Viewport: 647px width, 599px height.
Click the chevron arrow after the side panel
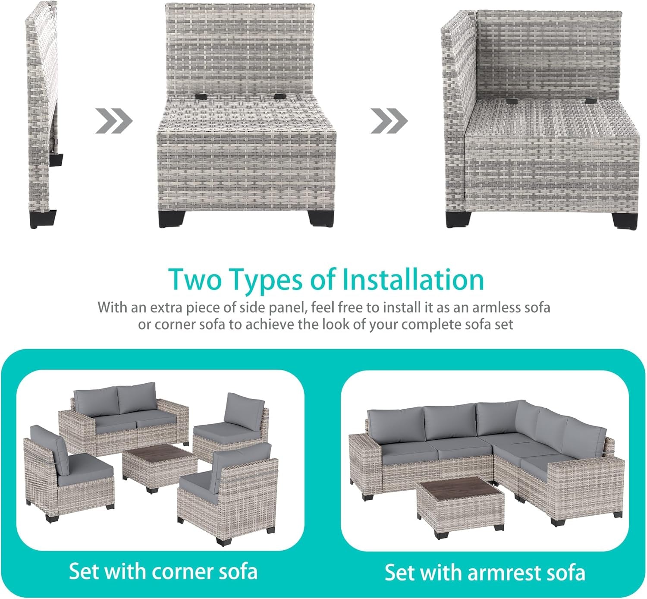point(114,121)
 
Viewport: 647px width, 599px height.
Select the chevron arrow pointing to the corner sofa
point(389,121)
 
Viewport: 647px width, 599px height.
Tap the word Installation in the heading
point(413,279)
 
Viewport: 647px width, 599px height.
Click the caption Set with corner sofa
point(163,571)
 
